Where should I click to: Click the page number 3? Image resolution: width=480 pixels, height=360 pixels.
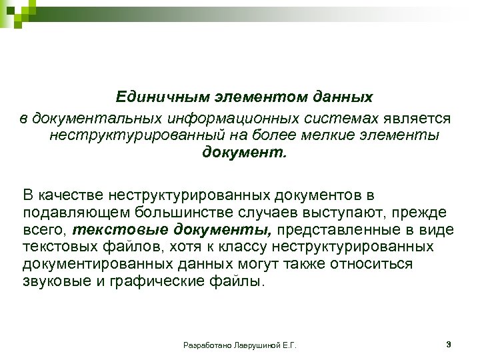point(448,345)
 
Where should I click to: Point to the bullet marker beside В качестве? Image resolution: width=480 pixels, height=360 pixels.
point(9,195)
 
